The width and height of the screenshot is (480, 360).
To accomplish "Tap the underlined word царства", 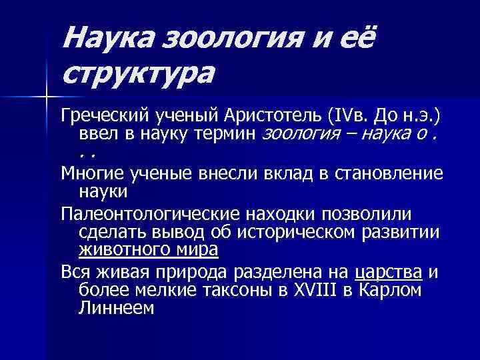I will pyautogui.click(x=389, y=271).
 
